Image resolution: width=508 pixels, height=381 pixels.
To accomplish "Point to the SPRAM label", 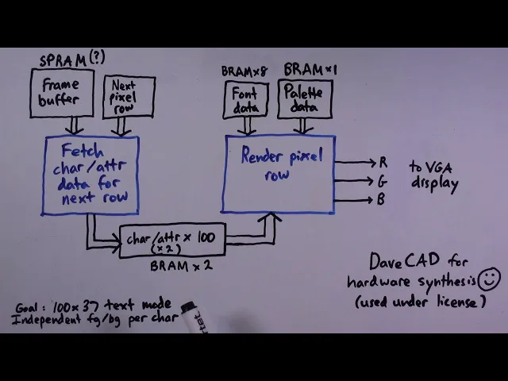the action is coord(63,60).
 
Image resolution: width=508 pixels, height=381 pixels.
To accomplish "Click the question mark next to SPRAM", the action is coord(97,57).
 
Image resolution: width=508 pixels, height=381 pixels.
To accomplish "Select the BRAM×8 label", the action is coord(244,71).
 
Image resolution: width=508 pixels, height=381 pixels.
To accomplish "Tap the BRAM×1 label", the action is coord(310,69).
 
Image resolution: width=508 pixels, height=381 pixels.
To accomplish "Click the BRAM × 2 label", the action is coord(182,266).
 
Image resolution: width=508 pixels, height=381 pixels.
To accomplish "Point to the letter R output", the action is coord(383,162).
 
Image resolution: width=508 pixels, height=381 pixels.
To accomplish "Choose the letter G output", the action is coord(383,181).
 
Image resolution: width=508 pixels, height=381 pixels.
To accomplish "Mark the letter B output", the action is coord(381,199).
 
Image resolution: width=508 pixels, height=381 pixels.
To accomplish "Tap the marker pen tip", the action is coord(188,307).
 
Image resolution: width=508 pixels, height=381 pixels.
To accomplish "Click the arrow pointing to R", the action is coord(355,162).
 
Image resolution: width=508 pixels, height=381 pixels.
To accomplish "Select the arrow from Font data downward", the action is coord(247,126).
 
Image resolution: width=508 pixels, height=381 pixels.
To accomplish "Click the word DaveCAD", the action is coord(405,261).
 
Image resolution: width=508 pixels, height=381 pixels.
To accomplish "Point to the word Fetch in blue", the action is coord(83,151).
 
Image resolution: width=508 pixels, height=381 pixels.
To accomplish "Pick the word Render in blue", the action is coord(262,156).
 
